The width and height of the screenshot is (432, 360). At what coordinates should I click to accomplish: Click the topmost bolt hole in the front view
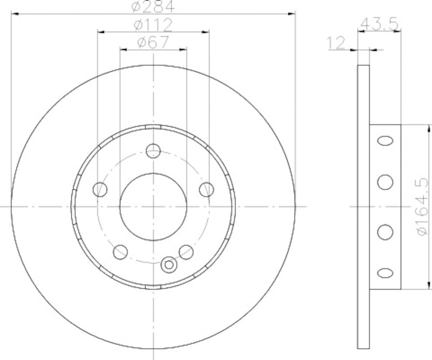tap(153, 151)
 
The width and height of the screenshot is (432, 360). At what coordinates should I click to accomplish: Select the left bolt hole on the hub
tap(100, 189)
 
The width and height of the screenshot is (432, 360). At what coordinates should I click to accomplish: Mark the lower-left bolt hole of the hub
tap(120, 251)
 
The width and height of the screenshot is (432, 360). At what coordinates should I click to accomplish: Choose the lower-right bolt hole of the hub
tap(186, 251)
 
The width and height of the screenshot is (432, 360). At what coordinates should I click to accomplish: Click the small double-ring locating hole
tap(169, 264)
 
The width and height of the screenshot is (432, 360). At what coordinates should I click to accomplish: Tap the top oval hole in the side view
tap(385, 141)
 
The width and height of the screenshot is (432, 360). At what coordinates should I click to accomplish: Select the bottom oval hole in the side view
tap(385, 273)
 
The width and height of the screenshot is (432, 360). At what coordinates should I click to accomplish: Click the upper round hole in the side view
tap(385, 182)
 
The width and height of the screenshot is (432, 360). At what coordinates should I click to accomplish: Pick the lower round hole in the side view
tap(385, 232)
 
